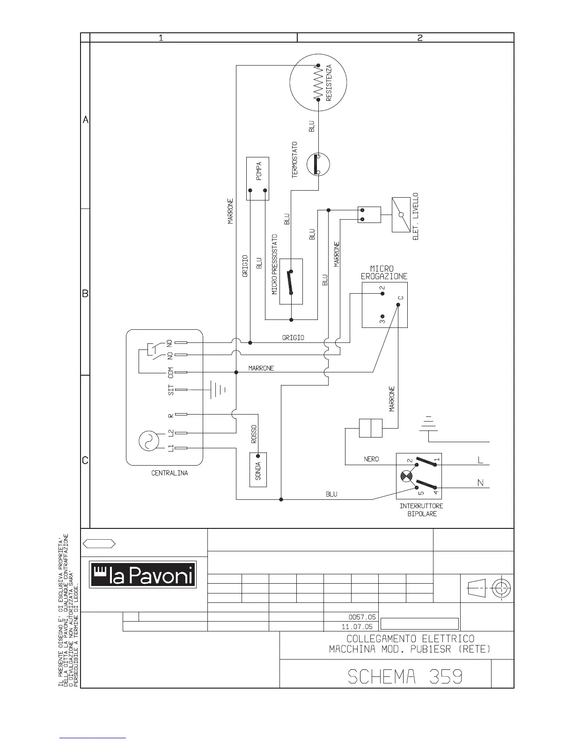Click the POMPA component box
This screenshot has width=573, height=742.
tap(257, 178)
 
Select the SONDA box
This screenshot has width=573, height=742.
tap(258, 469)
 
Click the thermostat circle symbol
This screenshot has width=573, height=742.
tap(318, 164)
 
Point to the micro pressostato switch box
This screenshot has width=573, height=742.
tap(291, 282)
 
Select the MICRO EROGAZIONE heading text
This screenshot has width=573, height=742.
tap(383, 273)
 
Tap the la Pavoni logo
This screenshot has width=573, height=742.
tap(143, 574)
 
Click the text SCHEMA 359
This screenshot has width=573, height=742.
tap(405, 676)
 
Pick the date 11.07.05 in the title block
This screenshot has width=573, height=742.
tap(357, 626)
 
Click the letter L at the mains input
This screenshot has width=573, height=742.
tap(480, 460)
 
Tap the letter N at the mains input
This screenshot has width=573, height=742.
tap(480, 483)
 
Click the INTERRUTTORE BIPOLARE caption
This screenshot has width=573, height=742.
tap(421, 510)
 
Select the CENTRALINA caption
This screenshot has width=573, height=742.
tap(169, 473)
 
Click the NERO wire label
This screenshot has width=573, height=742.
tap(371, 459)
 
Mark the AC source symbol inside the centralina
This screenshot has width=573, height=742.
tap(149, 440)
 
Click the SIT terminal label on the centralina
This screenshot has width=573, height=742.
tap(171, 389)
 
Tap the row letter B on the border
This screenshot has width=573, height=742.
tap(85, 294)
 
